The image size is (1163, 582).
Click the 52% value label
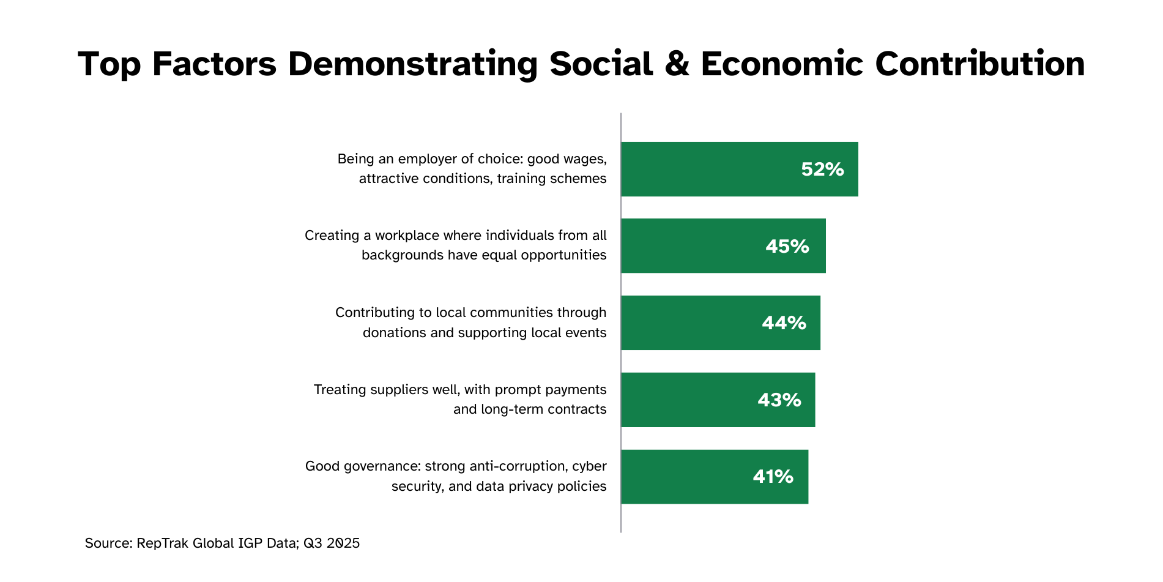(x=822, y=170)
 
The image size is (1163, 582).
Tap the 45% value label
(x=787, y=246)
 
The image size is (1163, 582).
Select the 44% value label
(x=783, y=323)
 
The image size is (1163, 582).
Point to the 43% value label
(x=779, y=400)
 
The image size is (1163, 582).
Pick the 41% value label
(x=773, y=476)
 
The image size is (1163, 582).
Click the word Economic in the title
(x=782, y=64)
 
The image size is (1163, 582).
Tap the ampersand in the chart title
(x=677, y=64)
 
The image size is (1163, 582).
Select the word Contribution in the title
(x=979, y=64)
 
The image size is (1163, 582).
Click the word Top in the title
(x=109, y=64)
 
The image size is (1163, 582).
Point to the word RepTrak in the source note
(x=162, y=543)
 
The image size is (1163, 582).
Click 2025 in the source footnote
(x=343, y=543)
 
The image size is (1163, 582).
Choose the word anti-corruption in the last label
(x=510, y=466)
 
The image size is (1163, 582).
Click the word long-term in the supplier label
(x=503, y=409)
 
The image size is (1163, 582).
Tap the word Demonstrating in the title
(x=412, y=64)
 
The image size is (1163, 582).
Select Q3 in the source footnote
(x=313, y=543)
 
